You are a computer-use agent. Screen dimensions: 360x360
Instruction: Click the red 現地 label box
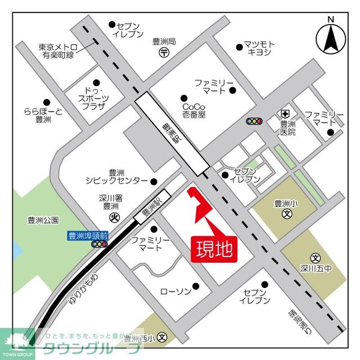[x=214, y=247]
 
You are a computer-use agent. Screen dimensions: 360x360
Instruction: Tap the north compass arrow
[x=331, y=37]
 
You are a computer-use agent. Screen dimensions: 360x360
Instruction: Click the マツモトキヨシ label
[x=260, y=48]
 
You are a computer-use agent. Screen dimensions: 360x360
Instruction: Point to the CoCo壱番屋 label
[x=194, y=109]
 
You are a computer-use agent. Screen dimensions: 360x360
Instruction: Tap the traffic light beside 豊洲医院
[x=254, y=122]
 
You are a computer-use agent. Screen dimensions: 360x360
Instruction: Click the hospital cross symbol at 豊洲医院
[x=286, y=113]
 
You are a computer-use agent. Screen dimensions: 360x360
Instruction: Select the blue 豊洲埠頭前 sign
[x=86, y=235]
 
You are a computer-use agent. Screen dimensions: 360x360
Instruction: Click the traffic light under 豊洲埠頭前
[x=99, y=244]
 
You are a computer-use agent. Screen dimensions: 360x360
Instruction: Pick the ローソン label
[x=175, y=291]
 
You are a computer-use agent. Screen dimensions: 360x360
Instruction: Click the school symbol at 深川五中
[x=316, y=257]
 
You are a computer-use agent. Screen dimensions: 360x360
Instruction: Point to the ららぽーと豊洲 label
[x=43, y=115]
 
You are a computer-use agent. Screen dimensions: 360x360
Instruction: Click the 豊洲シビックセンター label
[x=116, y=176]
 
